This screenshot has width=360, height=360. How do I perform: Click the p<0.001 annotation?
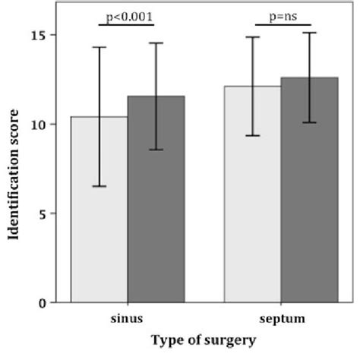click(x=127, y=15)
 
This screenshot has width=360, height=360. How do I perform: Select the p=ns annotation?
click(x=281, y=15)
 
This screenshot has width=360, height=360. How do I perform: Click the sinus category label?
click(x=128, y=320)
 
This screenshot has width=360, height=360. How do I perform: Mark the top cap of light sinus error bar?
click(x=99, y=47)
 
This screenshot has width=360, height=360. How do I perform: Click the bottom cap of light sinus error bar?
click(x=99, y=186)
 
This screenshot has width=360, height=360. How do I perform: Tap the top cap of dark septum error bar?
click(x=309, y=33)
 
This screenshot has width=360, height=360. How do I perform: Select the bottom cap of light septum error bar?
click(x=252, y=135)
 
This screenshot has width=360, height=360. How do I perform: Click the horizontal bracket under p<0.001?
click(x=127, y=25)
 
